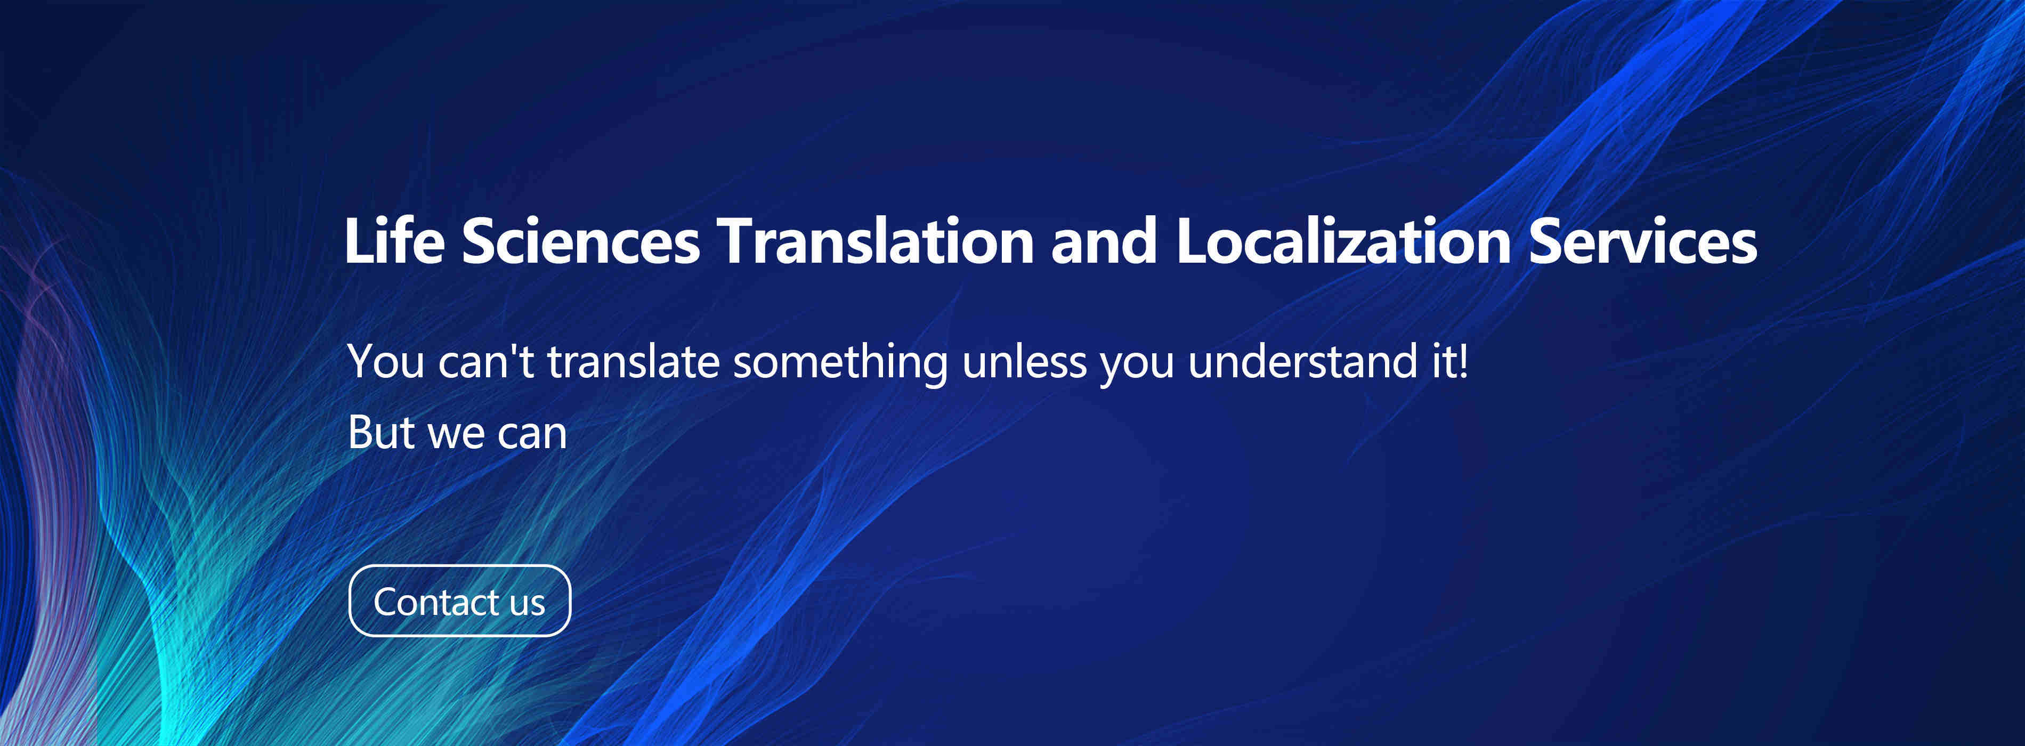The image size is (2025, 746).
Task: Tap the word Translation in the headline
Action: click(875, 240)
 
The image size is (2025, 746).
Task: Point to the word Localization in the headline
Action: click(1343, 240)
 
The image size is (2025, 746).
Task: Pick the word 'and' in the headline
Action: click(1105, 240)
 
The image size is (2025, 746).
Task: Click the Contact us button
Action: click(459, 601)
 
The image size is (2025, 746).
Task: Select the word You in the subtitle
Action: click(385, 362)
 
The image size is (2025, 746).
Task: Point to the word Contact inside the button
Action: click(436, 602)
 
